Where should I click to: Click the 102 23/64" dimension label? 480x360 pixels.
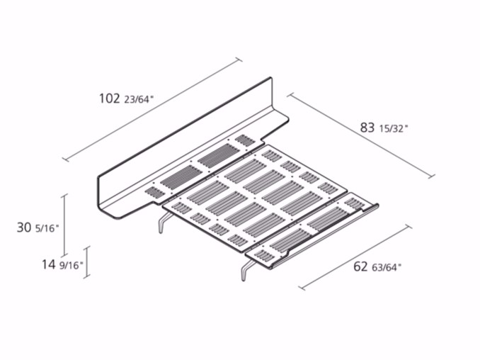pyautogui.click(x=126, y=99)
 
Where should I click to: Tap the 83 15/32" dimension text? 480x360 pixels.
pyautogui.click(x=384, y=128)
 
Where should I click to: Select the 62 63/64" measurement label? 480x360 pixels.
pyautogui.click(x=377, y=266)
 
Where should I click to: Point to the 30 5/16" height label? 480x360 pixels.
pyautogui.click(x=38, y=227)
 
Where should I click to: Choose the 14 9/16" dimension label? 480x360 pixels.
pyautogui.click(x=62, y=264)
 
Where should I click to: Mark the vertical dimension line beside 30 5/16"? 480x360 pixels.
pyautogui.click(x=64, y=225)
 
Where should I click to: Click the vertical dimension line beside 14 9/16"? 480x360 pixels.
pyautogui.click(x=87, y=262)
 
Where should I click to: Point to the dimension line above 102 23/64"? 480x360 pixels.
pyautogui.click(x=152, y=108)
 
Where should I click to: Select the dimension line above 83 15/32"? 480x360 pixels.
pyautogui.click(x=361, y=135)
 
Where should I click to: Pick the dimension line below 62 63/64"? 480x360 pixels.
pyautogui.click(x=355, y=257)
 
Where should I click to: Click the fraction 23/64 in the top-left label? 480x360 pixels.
pyautogui.click(x=139, y=100)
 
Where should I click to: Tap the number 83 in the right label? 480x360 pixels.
pyautogui.click(x=367, y=128)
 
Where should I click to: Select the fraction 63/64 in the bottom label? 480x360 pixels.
pyautogui.click(x=387, y=267)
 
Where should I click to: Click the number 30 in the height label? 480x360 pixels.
pyautogui.click(x=24, y=227)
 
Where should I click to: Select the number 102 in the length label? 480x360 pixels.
pyautogui.click(x=110, y=99)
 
